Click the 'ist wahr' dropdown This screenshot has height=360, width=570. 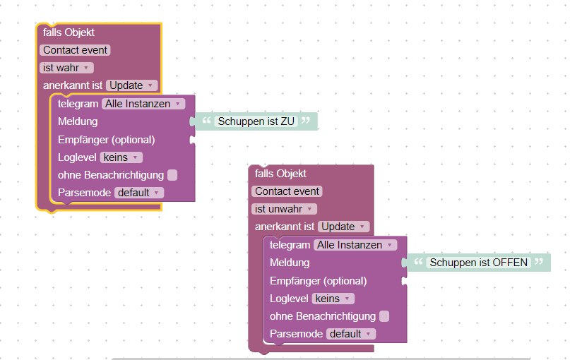point(66,68)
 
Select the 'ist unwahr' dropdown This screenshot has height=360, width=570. point(284,209)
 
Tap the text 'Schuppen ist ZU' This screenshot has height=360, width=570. point(256,121)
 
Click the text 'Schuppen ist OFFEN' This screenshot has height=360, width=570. point(478,263)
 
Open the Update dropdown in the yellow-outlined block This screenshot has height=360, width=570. point(131,85)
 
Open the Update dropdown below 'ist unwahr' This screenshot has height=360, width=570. point(343,227)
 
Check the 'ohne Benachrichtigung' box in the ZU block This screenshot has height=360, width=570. point(172,175)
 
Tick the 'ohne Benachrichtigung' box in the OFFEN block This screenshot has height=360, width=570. point(384,316)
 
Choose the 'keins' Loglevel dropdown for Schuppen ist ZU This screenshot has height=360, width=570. point(121,157)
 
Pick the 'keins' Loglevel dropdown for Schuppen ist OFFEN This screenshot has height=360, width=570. point(333,299)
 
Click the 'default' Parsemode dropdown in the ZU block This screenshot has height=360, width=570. point(139,193)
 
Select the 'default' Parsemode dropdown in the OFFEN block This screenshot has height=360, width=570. point(351,334)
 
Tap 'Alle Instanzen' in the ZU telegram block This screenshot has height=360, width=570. point(143,104)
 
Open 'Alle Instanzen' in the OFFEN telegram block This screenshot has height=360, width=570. point(355,245)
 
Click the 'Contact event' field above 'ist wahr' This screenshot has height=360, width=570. point(75,50)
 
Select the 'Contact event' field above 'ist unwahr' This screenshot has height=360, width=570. point(287,191)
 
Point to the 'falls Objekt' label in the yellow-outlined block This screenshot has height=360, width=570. point(69,32)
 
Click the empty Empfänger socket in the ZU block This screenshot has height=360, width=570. point(192,140)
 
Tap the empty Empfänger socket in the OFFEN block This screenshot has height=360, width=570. point(404,281)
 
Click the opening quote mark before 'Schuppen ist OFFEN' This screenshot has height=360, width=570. point(418,262)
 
